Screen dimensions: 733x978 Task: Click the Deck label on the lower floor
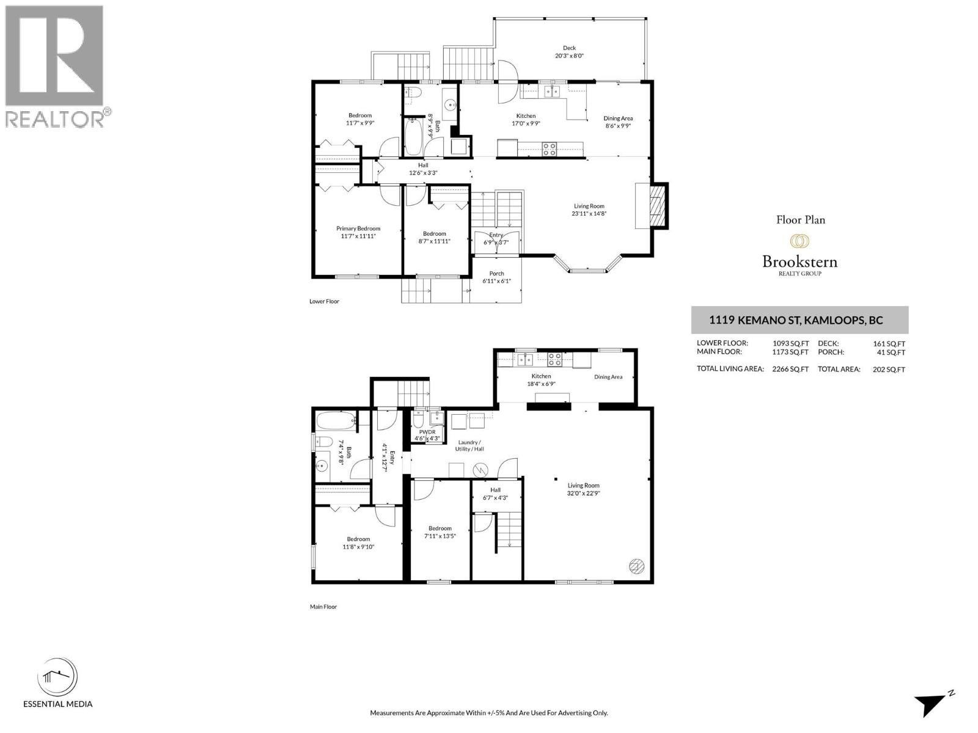pos(569,48)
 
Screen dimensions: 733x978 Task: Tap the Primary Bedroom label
pos(358,228)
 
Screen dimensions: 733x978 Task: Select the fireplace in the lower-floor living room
pos(655,205)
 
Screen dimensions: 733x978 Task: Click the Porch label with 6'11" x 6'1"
pos(496,274)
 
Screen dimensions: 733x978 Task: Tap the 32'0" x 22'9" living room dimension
pos(583,493)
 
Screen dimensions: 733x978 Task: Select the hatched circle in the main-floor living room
pos(636,566)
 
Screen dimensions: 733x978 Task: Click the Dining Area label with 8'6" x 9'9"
pos(618,119)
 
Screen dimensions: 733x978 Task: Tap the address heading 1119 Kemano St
pos(796,320)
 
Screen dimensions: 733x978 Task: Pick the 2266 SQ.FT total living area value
pos(790,369)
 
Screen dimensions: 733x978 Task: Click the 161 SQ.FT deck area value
pos(889,344)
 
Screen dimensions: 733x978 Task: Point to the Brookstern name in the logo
pos(800,262)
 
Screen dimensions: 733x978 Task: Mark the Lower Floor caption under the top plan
pos(324,301)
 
